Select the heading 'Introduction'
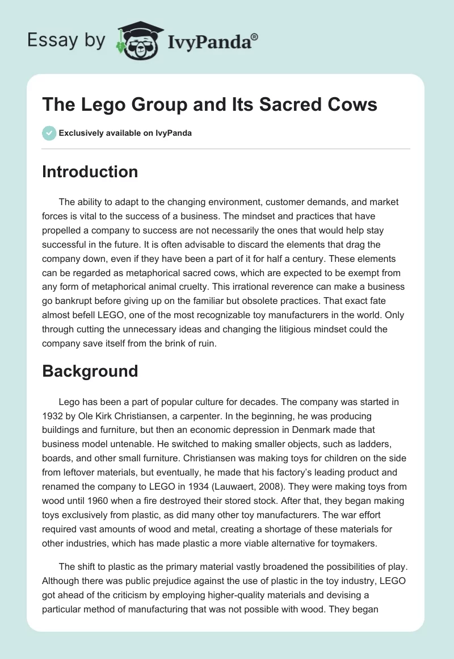90,172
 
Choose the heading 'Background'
90,371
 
